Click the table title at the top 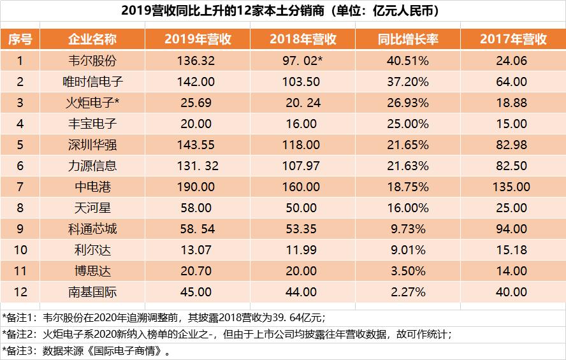283,11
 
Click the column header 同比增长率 408,40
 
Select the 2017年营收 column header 513,40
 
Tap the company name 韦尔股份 92,61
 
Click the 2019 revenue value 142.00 198,82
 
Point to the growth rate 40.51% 408,61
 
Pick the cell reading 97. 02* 303,61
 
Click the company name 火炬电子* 92,103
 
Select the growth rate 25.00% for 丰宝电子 408,124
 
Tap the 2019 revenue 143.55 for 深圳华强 198,145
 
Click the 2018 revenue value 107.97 303,166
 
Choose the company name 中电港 92,187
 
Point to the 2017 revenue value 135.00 513,187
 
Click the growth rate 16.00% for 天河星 408,208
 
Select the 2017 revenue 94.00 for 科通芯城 513,229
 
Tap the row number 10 20,250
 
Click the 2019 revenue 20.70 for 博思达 198,271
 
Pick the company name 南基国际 92,292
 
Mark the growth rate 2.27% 408,292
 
